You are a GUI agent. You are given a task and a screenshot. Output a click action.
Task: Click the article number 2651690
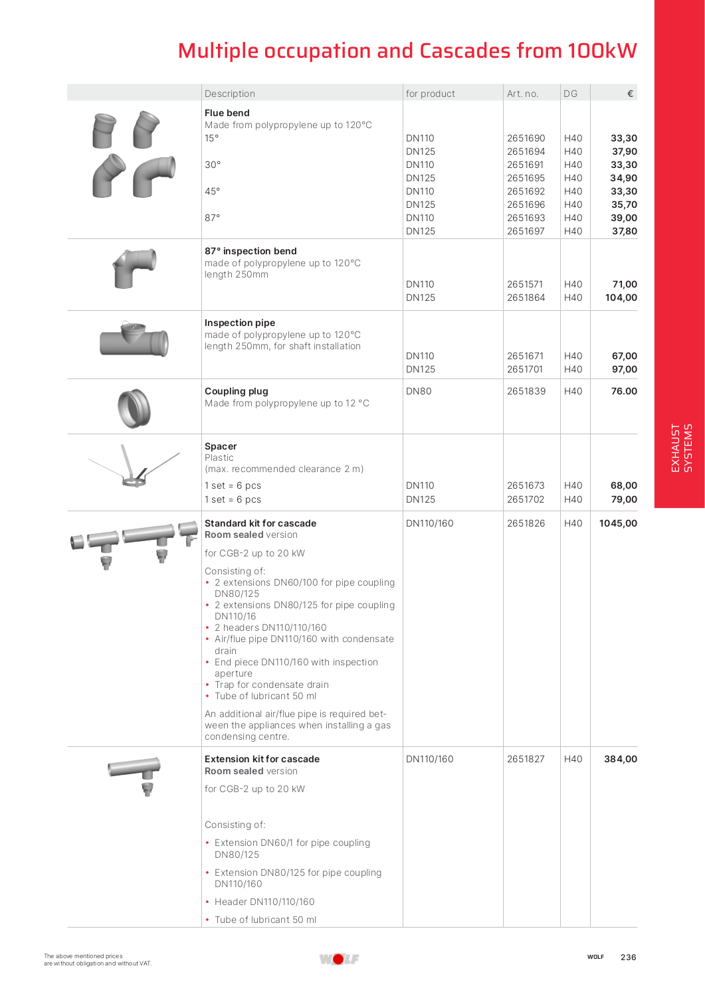526,138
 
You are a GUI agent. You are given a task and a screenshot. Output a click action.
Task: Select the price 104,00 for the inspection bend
621,297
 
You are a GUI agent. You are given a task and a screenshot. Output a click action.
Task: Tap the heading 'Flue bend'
227,113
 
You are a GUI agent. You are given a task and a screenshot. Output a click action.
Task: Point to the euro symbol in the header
630,94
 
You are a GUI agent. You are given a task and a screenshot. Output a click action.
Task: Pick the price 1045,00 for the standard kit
618,523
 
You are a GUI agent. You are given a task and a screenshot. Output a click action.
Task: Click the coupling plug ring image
134,408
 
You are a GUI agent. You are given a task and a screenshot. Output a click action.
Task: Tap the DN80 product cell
419,391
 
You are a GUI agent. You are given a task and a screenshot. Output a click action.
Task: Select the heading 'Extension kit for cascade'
262,759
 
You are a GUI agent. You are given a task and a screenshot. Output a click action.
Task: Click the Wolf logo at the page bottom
339,958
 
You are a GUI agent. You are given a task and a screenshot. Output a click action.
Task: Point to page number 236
628,957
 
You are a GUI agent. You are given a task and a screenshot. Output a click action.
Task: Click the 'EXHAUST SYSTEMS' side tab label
682,448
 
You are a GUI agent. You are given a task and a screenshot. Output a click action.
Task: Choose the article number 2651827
526,759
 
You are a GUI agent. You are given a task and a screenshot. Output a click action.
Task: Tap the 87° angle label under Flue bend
212,218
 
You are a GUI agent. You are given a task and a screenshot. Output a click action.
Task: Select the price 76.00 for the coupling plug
624,391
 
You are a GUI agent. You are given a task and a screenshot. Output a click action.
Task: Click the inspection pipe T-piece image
134,339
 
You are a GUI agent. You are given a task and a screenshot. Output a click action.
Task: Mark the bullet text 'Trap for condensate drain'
271,685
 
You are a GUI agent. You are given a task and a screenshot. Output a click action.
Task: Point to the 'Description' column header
230,94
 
